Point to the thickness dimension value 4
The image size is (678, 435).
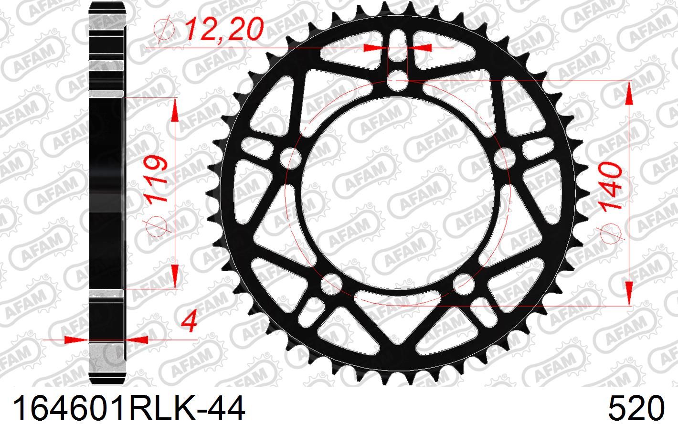[189, 320]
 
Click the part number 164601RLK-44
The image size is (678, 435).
[128, 409]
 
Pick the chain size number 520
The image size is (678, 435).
[636, 409]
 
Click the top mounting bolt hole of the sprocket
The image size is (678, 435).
[398, 81]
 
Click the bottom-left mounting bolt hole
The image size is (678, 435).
[331, 284]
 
